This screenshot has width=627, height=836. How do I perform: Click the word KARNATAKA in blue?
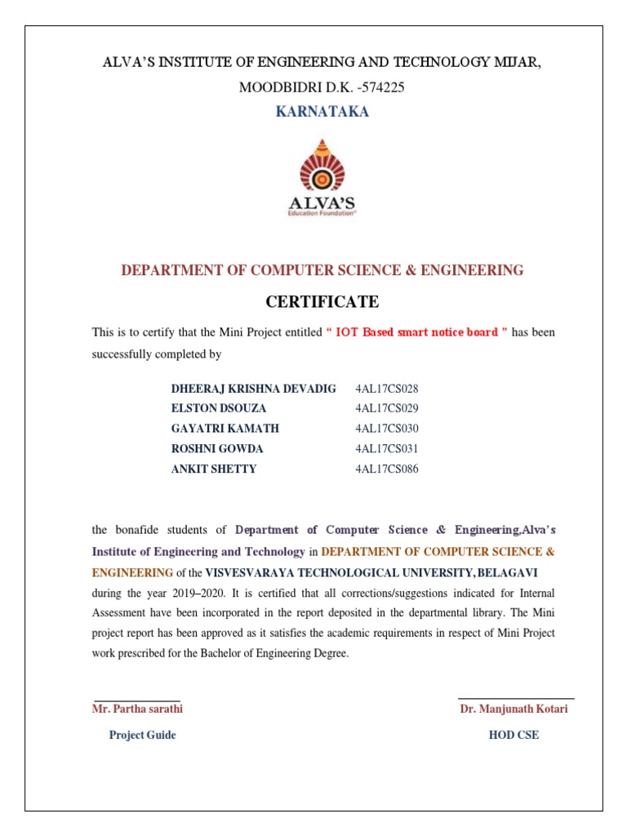tap(322, 112)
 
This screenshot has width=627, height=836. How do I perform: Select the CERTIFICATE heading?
tap(322, 302)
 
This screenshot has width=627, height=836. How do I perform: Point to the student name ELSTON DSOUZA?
tap(219, 408)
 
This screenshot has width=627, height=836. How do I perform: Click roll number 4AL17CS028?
tap(387, 389)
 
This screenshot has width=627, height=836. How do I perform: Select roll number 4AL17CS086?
tap(387, 469)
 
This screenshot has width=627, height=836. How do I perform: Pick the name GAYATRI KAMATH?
tap(225, 429)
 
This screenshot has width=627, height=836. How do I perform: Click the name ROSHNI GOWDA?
tap(217, 449)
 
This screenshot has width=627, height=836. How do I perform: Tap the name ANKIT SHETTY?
tap(213, 469)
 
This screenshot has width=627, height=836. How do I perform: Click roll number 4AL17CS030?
tap(387, 429)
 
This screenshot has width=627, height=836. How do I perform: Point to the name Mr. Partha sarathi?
tap(137, 709)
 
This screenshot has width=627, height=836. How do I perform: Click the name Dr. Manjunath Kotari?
tap(514, 709)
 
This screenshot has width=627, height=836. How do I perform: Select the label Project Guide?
tap(142, 735)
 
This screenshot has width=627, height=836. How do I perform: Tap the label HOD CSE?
tap(514, 735)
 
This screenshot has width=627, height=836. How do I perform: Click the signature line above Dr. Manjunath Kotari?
tap(516, 699)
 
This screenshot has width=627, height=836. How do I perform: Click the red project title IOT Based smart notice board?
tap(416, 332)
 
